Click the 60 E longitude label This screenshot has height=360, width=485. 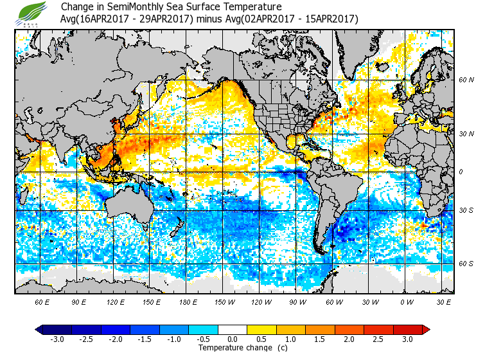click(42, 301)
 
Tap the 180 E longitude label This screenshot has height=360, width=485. click(188, 301)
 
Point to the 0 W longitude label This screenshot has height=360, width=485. click(407, 301)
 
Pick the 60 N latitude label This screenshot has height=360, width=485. click(466, 80)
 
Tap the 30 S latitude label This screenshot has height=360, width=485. click(466, 210)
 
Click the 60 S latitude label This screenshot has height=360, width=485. click(466, 264)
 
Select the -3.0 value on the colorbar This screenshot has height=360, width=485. click(57, 339)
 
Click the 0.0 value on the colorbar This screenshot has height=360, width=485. click(233, 339)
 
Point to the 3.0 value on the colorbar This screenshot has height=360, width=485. click(407, 339)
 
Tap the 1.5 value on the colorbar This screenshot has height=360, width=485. click(320, 339)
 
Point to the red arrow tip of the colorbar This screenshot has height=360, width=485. click(426, 329)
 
